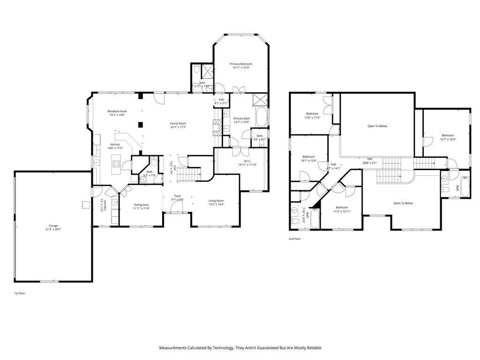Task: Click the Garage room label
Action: pos(53,225)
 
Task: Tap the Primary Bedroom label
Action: pos(241,64)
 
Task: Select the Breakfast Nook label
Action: pos(117,111)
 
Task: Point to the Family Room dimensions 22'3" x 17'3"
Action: pos(178,127)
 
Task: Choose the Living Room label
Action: pos(216,201)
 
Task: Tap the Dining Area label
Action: pos(141,204)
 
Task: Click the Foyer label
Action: pos(178,196)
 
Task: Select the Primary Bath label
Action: pos(242,119)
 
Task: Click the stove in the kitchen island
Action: pos(115,164)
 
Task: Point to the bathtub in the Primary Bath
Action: pos(261,117)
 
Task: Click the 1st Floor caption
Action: pos(19,293)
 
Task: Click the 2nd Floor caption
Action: pos(295,239)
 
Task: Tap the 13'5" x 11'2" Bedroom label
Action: pos(313,113)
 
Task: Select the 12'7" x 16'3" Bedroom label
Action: pos(447,135)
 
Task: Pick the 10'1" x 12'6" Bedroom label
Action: pos(308,157)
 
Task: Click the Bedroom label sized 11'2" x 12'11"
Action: pos(342,207)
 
